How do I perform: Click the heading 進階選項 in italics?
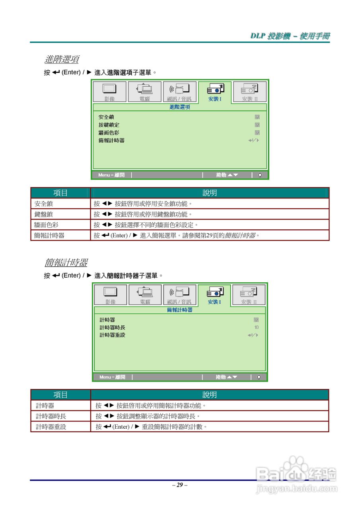(61, 60)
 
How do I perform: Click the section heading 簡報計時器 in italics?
(66, 263)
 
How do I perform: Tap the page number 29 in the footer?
(180, 485)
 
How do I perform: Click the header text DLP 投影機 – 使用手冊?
(290, 36)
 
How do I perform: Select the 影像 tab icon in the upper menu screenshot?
(109, 92)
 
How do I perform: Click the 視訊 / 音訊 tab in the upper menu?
(179, 92)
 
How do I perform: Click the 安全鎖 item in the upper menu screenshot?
(107, 117)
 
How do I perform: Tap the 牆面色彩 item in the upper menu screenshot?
(109, 133)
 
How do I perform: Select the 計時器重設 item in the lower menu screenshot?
(112, 335)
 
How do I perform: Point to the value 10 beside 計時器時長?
(256, 328)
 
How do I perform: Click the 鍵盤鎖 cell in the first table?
(44, 214)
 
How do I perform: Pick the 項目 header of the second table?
(60, 395)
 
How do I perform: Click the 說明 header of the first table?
(210, 193)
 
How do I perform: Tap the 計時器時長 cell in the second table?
(51, 416)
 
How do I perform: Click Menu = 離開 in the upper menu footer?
(111, 175)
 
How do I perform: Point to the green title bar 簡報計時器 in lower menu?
(179, 310)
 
